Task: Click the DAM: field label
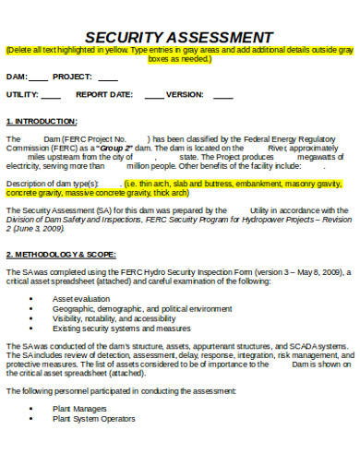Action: [x=18, y=77]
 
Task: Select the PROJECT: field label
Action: [x=72, y=77]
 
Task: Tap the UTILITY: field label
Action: [x=22, y=94]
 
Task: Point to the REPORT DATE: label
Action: [x=104, y=94]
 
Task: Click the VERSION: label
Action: [x=185, y=94]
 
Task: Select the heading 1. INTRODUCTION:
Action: [x=42, y=121]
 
